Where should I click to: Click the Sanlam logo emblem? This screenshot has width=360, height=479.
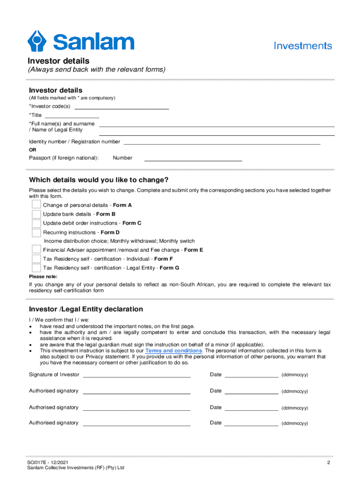(x=38, y=41)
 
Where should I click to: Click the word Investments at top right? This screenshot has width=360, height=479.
(x=302, y=46)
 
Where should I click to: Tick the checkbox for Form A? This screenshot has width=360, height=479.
(x=36, y=205)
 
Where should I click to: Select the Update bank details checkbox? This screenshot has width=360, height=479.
(x=36, y=214)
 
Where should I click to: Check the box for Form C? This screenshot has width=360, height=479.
(x=36, y=223)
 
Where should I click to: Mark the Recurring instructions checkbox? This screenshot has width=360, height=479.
(x=36, y=232)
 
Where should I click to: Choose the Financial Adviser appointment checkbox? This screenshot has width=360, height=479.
(x=36, y=250)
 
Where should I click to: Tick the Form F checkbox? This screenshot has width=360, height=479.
(x=36, y=259)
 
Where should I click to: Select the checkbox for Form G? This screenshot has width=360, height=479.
(x=36, y=268)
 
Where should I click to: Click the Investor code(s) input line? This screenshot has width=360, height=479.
(x=122, y=108)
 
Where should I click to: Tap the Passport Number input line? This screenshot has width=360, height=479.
(x=193, y=160)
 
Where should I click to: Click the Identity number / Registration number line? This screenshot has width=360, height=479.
(x=222, y=143)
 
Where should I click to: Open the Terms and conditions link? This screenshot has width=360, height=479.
(x=173, y=351)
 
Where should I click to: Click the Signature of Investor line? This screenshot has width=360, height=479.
(x=137, y=375)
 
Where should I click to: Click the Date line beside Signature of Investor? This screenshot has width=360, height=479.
(x=252, y=375)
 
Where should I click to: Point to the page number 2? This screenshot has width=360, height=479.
(x=329, y=463)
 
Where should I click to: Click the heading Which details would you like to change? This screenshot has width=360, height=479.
(x=99, y=180)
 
